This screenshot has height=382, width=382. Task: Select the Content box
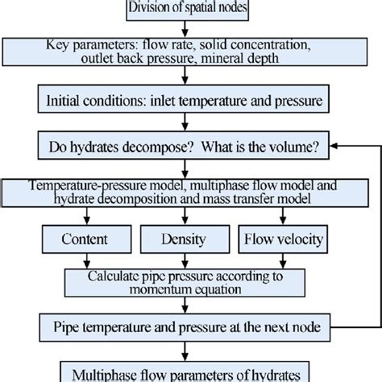85,239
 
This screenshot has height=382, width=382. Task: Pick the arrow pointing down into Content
85,220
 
